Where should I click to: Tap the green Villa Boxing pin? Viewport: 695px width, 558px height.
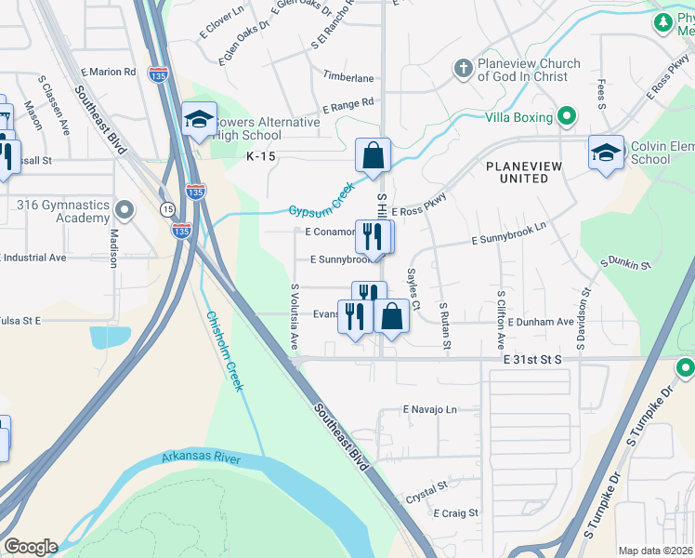tap(566, 117)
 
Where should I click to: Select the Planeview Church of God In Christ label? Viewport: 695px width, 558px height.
tap(529, 70)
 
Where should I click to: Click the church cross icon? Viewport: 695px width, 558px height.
tap(463, 68)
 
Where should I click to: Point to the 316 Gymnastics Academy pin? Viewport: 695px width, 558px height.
tap(125, 209)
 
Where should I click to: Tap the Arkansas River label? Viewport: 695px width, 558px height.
tap(201, 458)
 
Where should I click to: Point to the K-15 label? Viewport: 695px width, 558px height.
tap(261, 156)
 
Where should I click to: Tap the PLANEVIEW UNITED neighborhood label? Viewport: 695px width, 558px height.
tap(524, 173)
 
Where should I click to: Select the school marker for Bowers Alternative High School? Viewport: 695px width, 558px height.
tap(199, 120)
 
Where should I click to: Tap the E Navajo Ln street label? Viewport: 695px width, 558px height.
tap(430, 409)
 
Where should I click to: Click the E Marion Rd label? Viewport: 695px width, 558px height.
tap(109, 72)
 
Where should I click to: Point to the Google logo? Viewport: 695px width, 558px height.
tap(31, 547)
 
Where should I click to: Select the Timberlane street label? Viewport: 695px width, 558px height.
tap(348, 78)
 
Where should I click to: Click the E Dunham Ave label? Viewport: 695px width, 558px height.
tap(540, 322)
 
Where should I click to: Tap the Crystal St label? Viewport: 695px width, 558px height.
tap(426, 486)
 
